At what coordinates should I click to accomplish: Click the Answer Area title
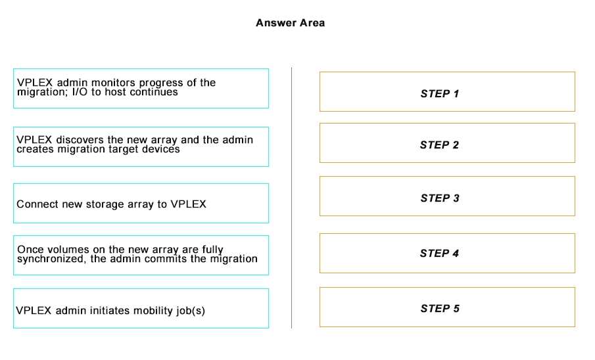(291, 23)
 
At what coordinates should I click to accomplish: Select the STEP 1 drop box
(447, 92)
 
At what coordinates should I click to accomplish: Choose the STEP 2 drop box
(447, 143)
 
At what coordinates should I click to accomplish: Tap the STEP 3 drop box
(447, 196)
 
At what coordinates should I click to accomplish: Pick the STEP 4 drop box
(447, 253)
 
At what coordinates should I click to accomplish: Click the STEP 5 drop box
(447, 307)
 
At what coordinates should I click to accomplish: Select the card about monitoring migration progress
(141, 89)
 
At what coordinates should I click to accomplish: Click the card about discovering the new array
(141, 146)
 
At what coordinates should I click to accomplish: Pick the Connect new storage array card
(141, 204)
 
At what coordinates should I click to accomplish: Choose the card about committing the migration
(141, 256)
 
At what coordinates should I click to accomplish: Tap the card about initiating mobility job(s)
(141, 308)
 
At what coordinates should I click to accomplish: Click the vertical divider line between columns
(291, 198)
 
